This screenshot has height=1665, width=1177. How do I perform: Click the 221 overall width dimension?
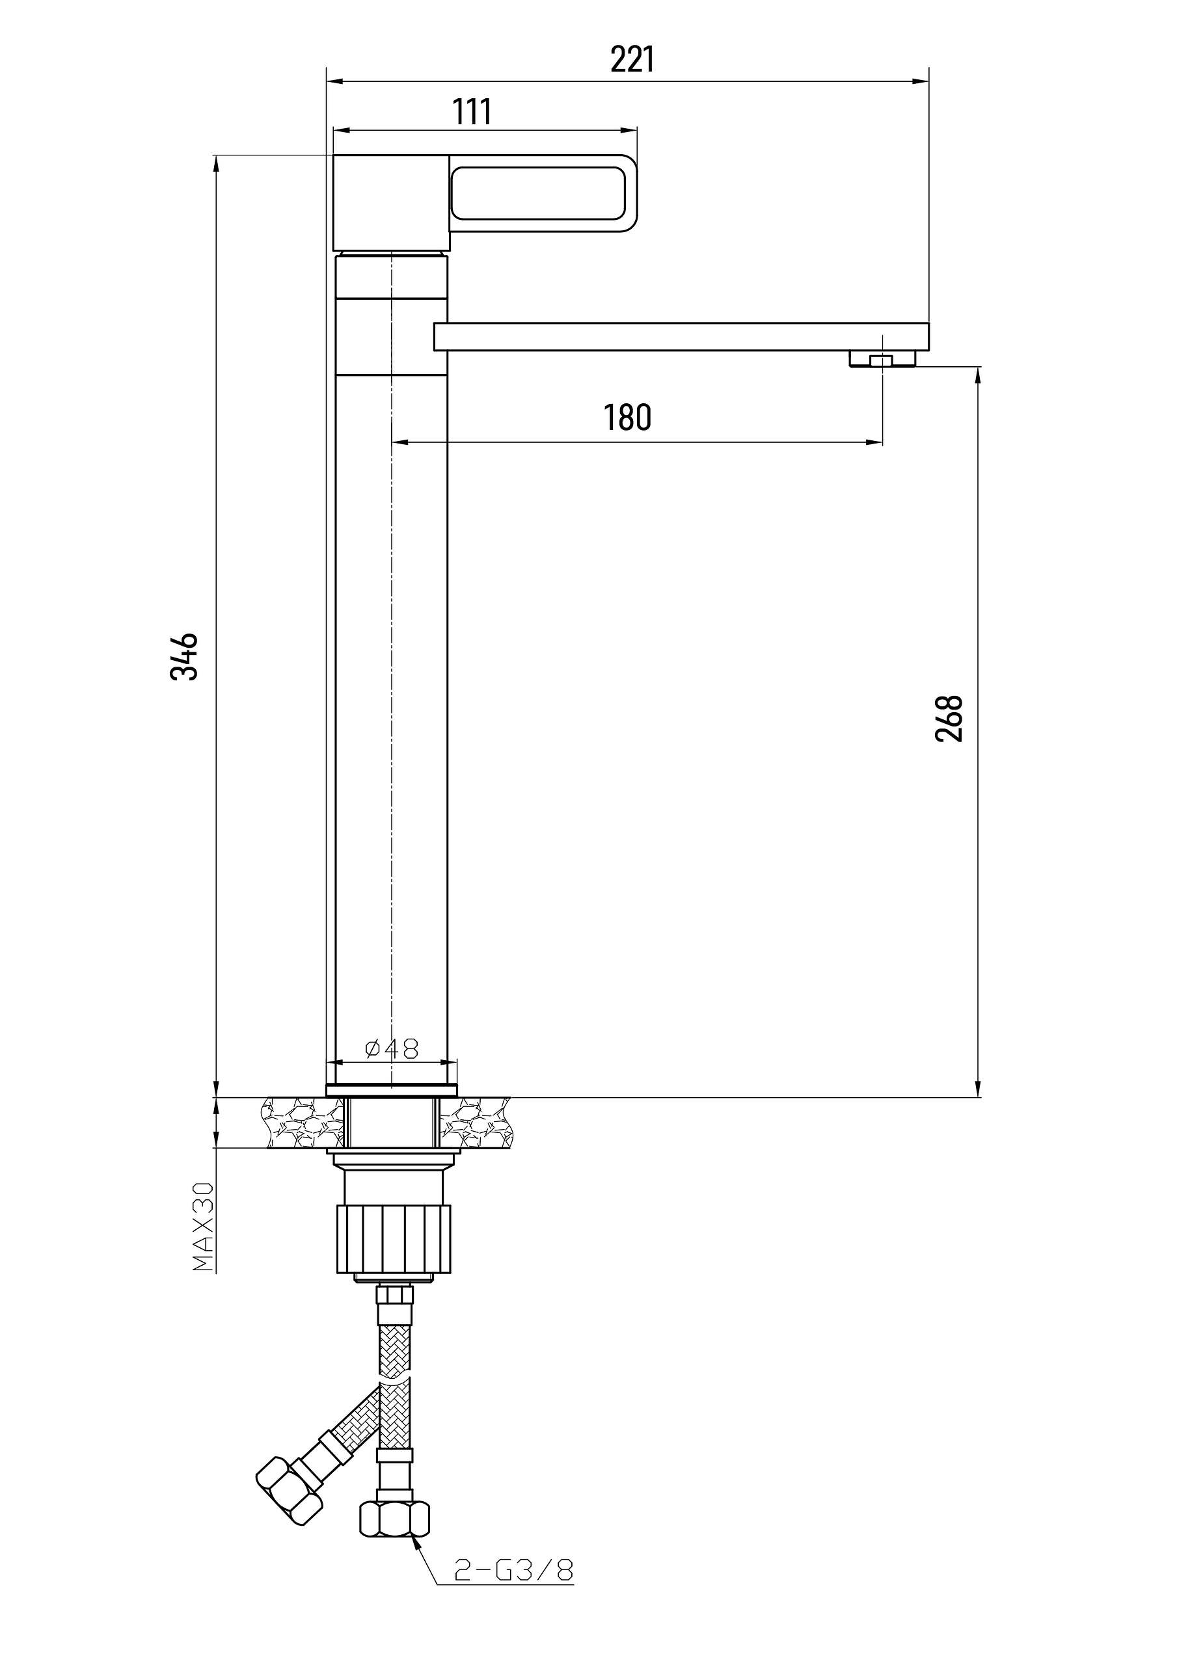coord(632,59)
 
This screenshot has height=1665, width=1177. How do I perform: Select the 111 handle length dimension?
coord(472,112)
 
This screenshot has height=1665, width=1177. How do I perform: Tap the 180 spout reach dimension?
coord(628,417)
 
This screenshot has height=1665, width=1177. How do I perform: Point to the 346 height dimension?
coord(183,656)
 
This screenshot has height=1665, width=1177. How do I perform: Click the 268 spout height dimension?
coord(949,718)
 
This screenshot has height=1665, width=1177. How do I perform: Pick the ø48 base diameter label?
coord(392,1048)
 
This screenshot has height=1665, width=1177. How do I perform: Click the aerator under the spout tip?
coord(882,359)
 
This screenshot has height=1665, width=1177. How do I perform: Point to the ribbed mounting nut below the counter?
coord(393,1238)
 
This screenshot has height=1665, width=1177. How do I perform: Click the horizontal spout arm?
coord(681,337)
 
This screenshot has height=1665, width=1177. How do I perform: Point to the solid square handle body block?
coord(391,203)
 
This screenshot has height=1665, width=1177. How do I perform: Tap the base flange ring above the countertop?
coord(392,1089)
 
